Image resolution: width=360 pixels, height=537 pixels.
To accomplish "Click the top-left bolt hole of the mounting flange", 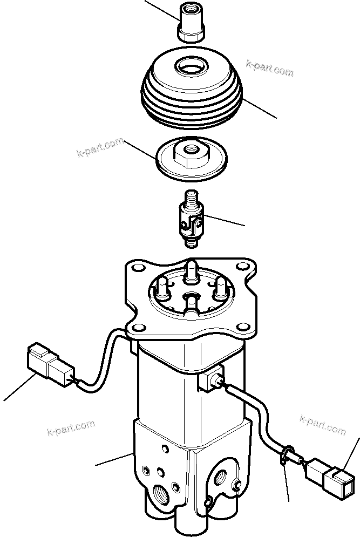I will pyautogui.click(x=137, y=269).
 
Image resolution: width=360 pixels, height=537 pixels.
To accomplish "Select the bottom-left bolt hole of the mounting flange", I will pyautogui.click(x=140, y=328).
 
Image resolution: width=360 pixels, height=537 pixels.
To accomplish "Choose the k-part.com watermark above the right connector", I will pyautogui.click(x=322, y=425).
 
